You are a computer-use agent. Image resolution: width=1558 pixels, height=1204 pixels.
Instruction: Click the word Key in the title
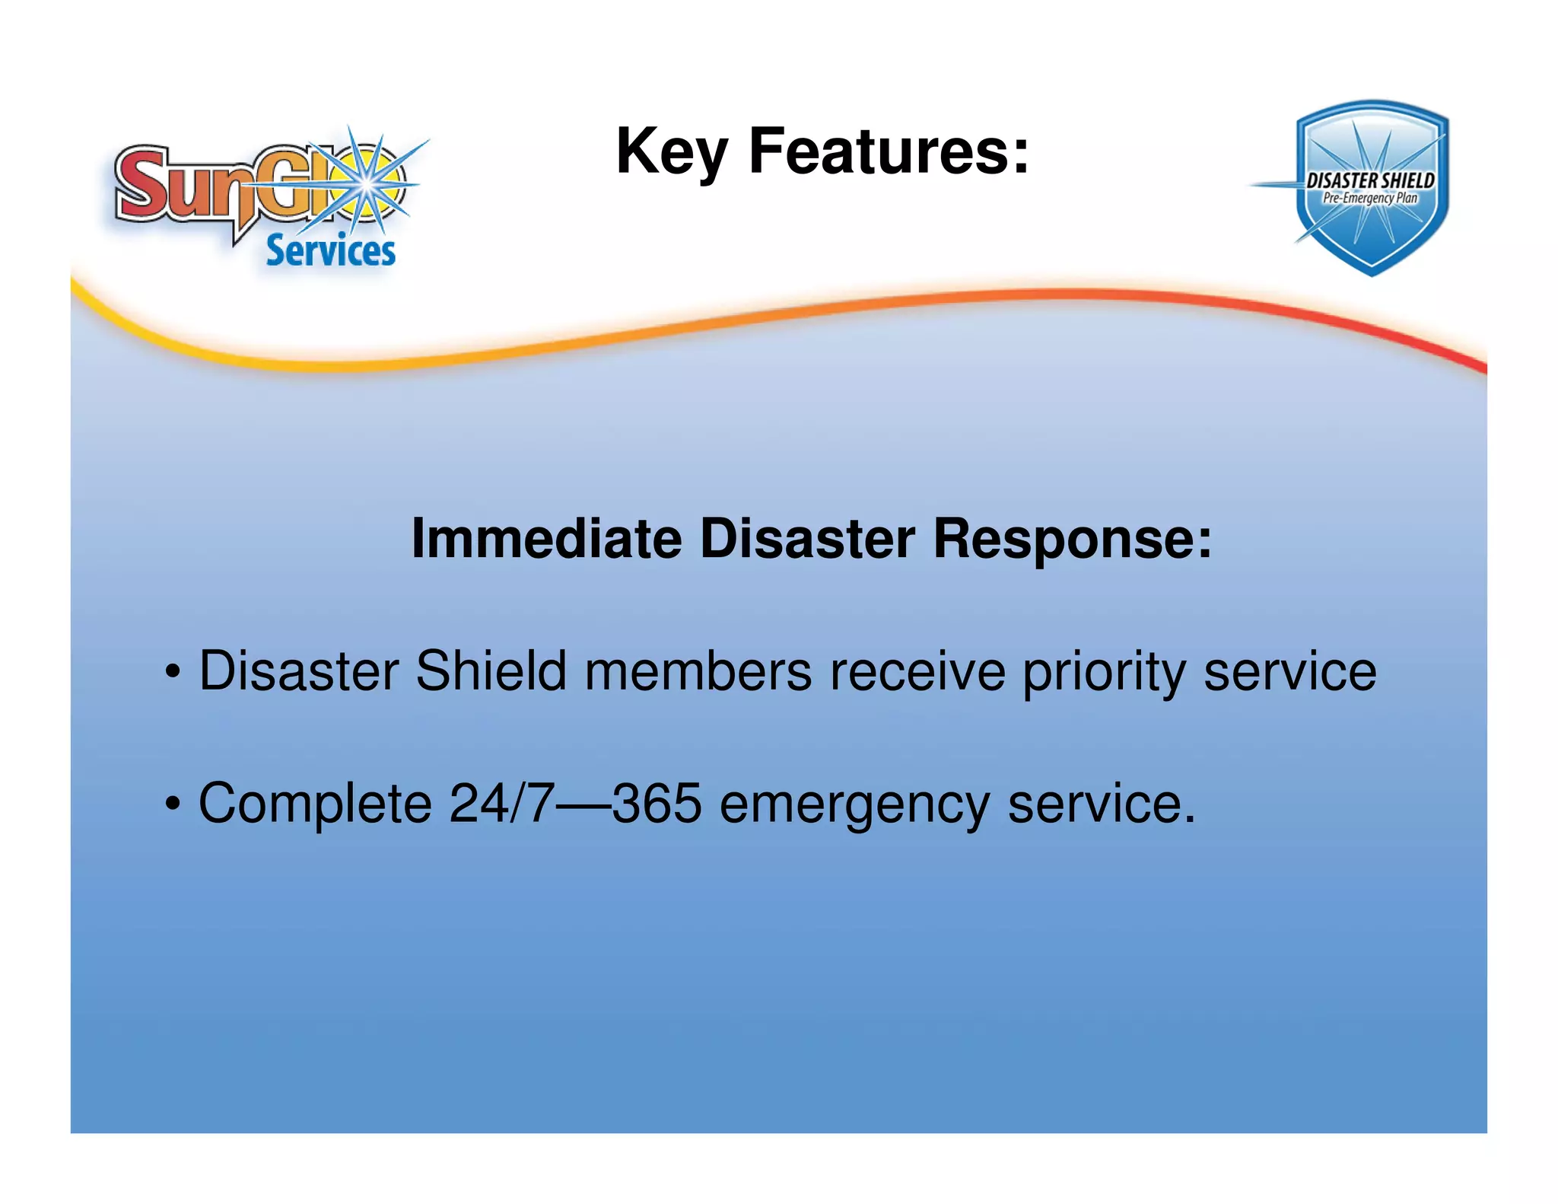coord(672,152)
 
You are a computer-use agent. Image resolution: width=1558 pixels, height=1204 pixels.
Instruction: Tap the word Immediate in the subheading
coord(545,539)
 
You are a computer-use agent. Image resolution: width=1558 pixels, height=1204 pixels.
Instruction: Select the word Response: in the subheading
coord(1072,539)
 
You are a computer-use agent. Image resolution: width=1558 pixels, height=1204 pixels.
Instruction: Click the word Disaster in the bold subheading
coord(806,539)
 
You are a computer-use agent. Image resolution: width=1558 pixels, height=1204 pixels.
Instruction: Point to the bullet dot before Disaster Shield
coord(173,673)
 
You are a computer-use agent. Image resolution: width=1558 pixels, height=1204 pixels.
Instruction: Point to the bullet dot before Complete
coord(173,804)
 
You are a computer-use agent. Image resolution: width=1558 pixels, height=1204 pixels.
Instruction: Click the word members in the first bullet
coord(698,671)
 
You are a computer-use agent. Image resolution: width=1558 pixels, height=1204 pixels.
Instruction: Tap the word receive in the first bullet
coord(917,671)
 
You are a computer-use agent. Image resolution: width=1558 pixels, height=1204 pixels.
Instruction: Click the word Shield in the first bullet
coord(491,671)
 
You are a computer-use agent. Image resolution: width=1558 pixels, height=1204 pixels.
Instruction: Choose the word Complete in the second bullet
coord(315,804)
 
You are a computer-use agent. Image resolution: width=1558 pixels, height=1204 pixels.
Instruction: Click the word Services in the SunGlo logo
coord(330,251)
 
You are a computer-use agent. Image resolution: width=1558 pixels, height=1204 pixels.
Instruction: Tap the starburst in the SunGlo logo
coord(368,183)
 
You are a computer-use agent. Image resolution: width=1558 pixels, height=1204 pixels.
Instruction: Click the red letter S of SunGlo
coord(141,183)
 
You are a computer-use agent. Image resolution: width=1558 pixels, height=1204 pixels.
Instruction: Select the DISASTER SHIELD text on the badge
coord(1370,180)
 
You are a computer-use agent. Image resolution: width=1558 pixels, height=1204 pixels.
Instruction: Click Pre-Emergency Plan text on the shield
coord(1370,198)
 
